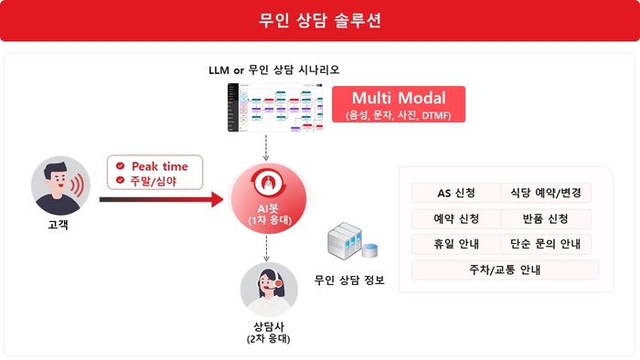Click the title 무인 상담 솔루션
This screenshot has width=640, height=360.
[x=320, y=20]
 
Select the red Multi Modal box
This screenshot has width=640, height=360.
[x=398, y=104]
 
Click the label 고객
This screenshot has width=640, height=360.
[x=56, y=224]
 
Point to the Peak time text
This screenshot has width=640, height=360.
[x=159, y=166]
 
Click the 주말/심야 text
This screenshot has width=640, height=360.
[x=154, y=181]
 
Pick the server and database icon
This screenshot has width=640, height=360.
[x=352, y=244]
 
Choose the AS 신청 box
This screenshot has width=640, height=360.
[x=455, y=193]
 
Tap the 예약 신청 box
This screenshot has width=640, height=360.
[x=455, y=218]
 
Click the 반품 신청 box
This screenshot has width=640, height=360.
[x=545, y=218]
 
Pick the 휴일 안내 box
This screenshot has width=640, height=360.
[x=455, y=244]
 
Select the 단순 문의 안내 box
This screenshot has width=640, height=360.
[x=547, y=244]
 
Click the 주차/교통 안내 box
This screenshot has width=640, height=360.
[x=505, y=270]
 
